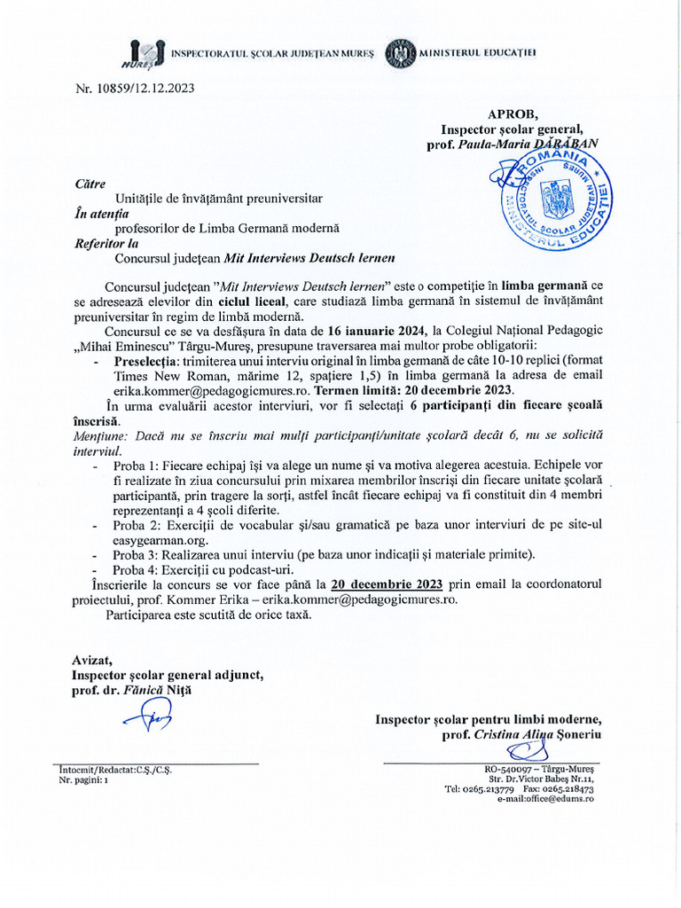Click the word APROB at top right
506,113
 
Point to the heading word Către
90,184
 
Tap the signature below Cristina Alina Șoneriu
522,752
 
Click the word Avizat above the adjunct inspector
92,659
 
